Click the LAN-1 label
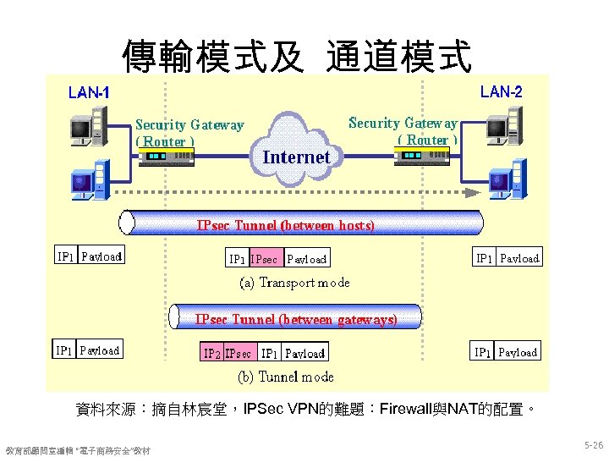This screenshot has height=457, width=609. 88,92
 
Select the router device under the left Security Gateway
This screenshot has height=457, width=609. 166,157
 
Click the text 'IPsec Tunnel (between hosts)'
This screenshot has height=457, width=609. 285,225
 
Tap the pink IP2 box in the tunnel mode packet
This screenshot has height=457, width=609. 211,353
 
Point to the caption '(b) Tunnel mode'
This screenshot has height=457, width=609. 283,377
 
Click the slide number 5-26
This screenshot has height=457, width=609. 593,444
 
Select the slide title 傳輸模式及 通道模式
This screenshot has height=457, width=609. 296,56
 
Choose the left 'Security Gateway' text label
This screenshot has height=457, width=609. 189,125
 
